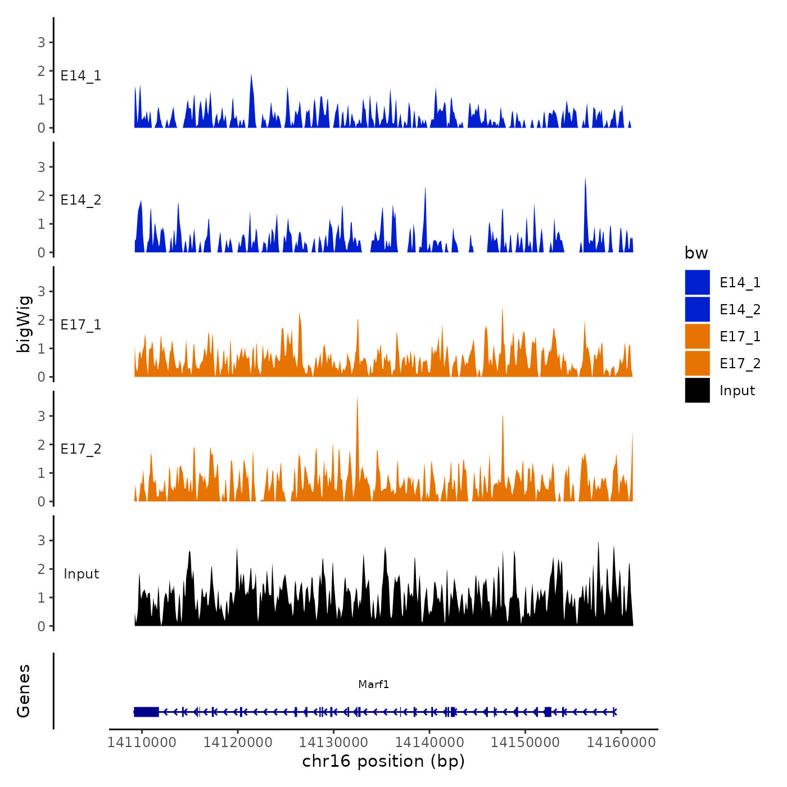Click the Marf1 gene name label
(374, 684)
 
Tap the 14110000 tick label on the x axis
(142, 742)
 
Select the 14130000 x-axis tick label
(333, 742)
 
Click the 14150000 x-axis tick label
(525, 742)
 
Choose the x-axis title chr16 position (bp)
(383, 761)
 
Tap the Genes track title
(24, 691)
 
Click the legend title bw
(696, 253)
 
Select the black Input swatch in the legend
(697, 390)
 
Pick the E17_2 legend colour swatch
(697, 363)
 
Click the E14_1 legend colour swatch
(697, 282)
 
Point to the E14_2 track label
(81, 200)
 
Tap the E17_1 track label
(81, 325)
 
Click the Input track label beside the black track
(81, 574)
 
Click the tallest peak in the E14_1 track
(251, 75)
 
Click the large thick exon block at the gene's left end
(146, 712)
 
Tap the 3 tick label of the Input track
(41, 541)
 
